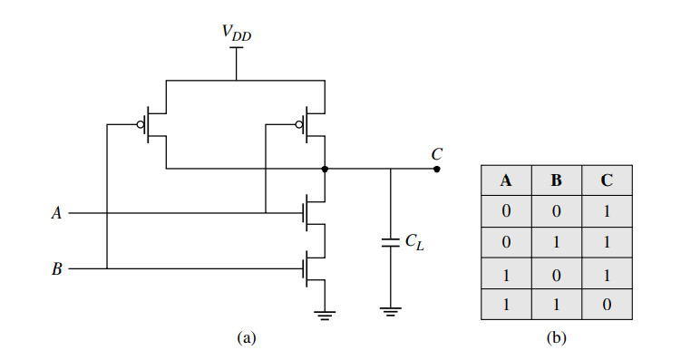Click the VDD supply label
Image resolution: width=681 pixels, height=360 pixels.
click(237, 34)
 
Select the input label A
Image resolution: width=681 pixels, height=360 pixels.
click(57, 214)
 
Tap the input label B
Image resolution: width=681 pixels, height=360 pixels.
click(57, 269)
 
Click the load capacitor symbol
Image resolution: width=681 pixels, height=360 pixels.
click(391, 243)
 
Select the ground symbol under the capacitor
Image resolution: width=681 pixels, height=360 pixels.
click(391, 313)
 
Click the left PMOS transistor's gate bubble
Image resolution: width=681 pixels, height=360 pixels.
click(141, 124)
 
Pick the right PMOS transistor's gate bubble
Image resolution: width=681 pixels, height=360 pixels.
click(299, 124)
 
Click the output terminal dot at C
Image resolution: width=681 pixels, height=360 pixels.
click(436, 169)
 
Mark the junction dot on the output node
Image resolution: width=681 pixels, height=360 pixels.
click(325, 169)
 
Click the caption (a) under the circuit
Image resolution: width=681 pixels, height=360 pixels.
click(245, 337)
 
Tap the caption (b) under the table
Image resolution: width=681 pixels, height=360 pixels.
click(556, 337)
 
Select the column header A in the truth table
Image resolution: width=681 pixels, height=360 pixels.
click(506, 180)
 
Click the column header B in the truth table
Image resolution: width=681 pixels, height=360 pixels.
click(556, 180)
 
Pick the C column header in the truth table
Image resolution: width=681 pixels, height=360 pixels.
click(606, 180)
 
